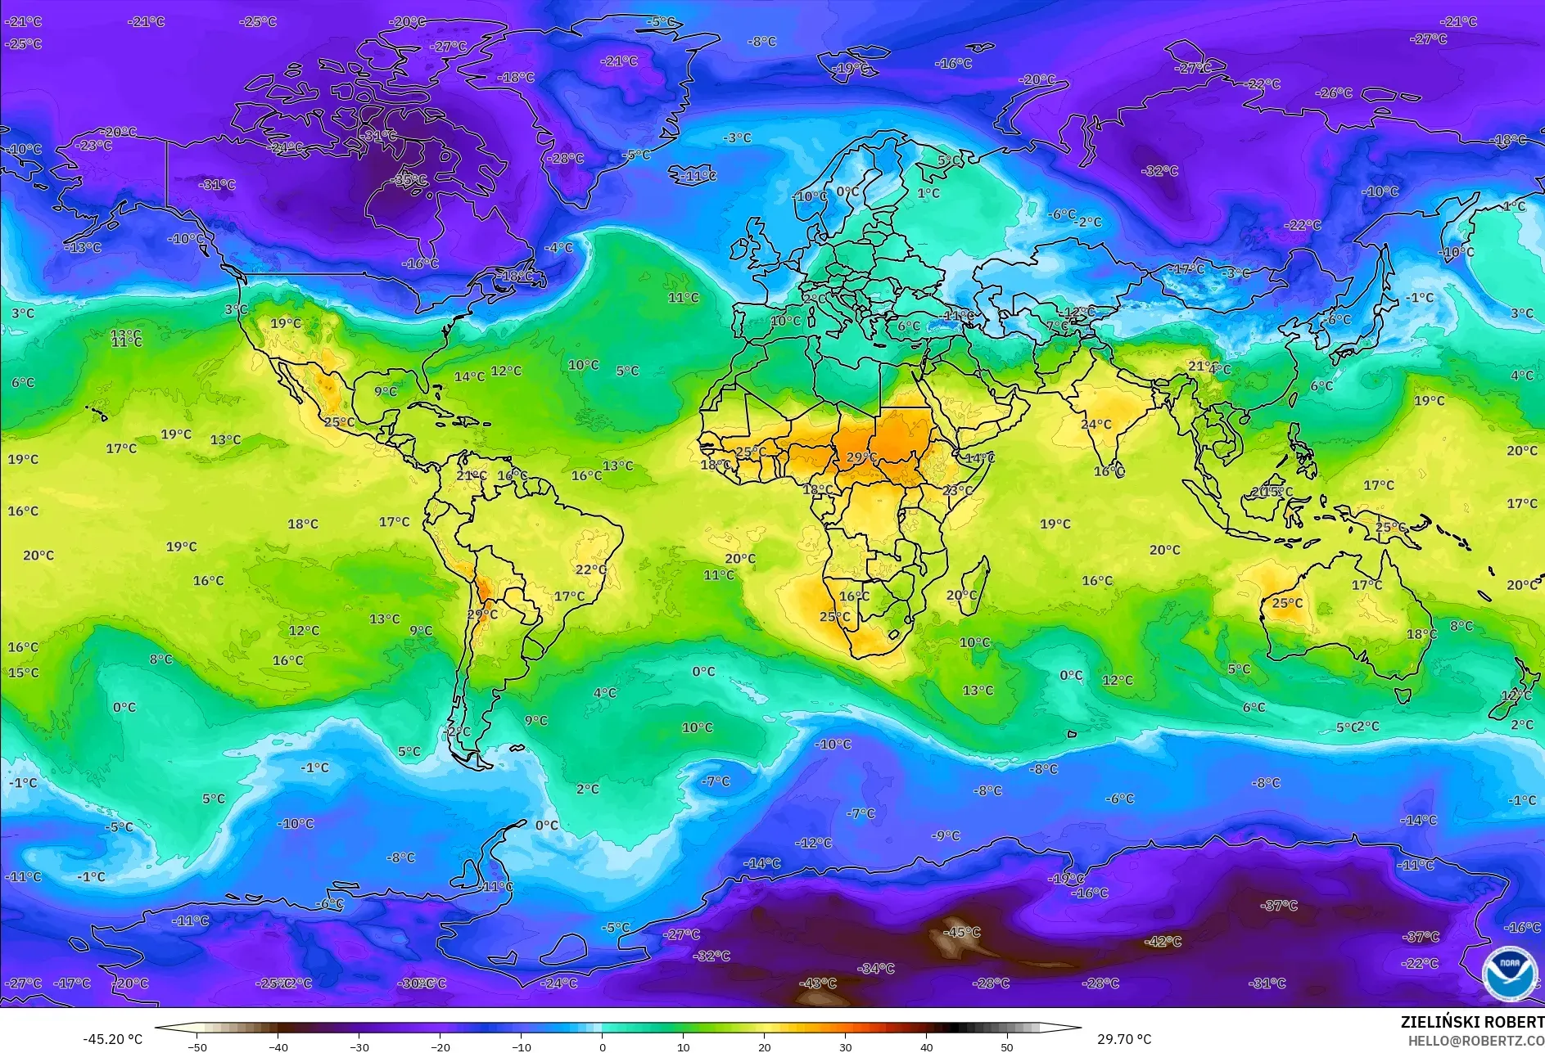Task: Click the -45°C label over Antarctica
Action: (x=961, y=932)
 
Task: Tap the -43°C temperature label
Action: (x=818, y=983)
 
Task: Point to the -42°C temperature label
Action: (x=1163, y=942)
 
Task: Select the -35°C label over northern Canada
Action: (x=410, y=180)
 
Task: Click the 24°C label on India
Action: (x=1096, y=425)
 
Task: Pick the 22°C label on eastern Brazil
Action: (x=591, y=569)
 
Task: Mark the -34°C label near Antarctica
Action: (x=876, y=969)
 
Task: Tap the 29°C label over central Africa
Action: (x=861, y=457)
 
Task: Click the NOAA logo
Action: (x=1509, y=973)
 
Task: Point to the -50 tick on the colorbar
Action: (x=197, y=1046)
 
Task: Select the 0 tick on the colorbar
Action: (x=603, y=1046)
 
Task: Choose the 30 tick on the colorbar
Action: (x=845, y=1046)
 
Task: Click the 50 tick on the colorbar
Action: (x=1007, y=1046)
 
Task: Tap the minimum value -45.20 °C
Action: (x=112, y=1039)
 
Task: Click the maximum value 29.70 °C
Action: (x=1124, y=1039)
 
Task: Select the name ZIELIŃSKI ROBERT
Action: (x=1471, y=1022)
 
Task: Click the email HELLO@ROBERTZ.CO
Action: (x=1475, y=1041)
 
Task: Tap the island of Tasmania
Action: (x=1403, y=695)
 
